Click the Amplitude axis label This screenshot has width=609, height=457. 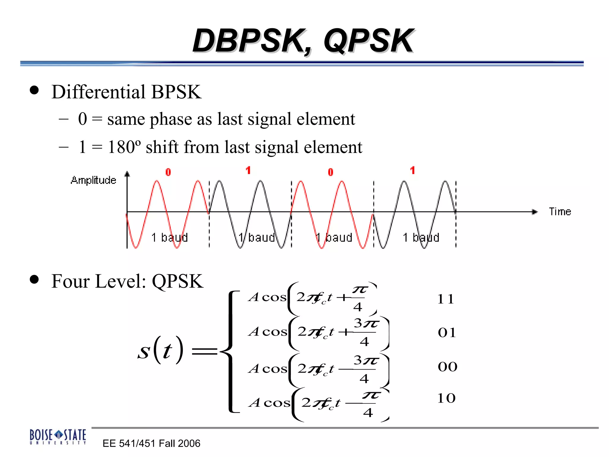[93, 180]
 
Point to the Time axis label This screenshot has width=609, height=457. [560, 212]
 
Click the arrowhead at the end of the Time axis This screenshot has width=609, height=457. [535, 212]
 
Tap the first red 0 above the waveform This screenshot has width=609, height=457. [168, 172]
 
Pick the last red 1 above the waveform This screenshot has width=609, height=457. [412, 170]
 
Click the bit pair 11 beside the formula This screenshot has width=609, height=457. [445, 299]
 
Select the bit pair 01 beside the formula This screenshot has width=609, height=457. [447, 333]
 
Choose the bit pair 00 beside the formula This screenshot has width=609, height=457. [447, 367]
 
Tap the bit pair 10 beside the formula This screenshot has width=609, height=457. [446, 398]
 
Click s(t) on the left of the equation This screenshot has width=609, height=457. [160, 350]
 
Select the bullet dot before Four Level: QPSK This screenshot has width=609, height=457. [34, 279]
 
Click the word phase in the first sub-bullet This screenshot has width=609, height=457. [170, 119]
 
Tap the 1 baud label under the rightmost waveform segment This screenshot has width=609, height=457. [421, 237]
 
